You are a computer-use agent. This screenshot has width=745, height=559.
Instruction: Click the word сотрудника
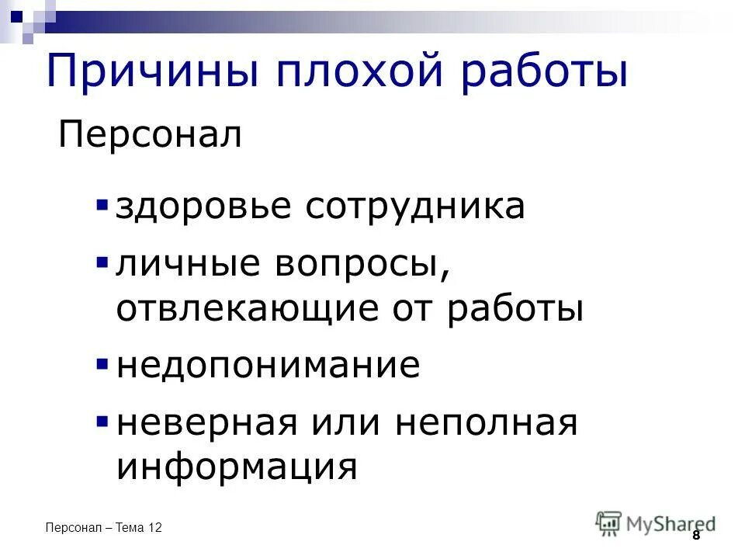click(x=414, y=207)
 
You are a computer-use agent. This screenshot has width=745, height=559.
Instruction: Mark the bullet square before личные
click(x=102, y=263)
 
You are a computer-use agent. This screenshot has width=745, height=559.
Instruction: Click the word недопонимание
click(x=269, y=366)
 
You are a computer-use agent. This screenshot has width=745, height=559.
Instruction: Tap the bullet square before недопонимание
click(x=102, y=363)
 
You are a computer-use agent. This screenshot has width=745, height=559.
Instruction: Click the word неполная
click(x=487, y=423)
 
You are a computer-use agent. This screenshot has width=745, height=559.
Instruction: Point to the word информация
click(x=237, y=468)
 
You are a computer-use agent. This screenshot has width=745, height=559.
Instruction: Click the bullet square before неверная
click(x=102, y=422)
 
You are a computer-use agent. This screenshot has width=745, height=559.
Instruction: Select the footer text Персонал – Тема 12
click(x=104, y=528)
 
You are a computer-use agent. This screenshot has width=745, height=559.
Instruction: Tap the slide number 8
click(x=695, y=535)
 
